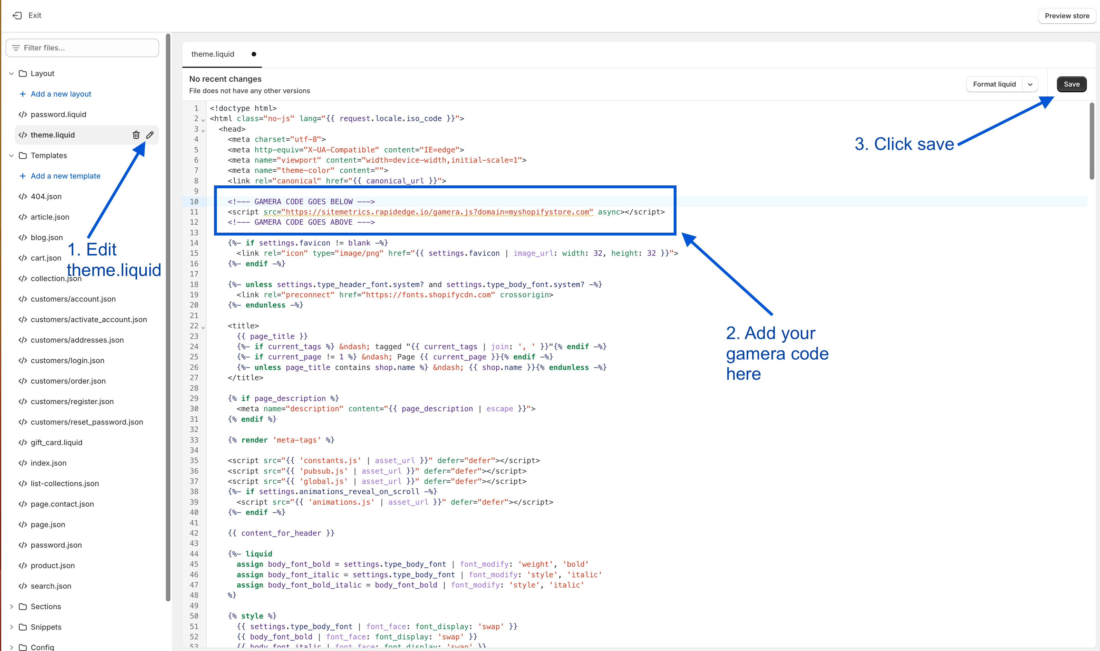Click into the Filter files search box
pos(83,48)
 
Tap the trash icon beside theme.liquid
pos(136,135)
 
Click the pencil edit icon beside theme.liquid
pos(150,135)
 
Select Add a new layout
pos(61,94)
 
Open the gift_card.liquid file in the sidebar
pos(56,443)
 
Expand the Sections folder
pos(46,607)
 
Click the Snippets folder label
pos(46,627)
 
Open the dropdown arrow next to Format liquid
pos(1030,84)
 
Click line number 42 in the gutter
pos(194,533)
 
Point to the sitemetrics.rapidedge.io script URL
pos(437,212)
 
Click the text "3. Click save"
pos(904,144)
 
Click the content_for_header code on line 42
pos(281,533)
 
